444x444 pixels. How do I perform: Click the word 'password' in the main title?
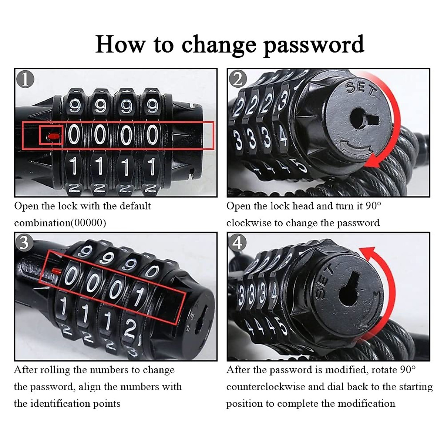point(313,44)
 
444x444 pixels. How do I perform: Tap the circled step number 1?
point(25,79)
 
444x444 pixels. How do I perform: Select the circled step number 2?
point(238,79)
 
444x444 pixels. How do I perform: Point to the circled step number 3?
point(24,243)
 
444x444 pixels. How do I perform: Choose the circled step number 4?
point(238,243)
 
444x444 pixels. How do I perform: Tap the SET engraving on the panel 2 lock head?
point(361,89)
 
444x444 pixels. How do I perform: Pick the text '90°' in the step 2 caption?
point(373,206)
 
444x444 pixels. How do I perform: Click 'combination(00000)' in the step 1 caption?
point(60,223)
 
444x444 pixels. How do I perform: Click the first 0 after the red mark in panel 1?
point(74,135)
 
